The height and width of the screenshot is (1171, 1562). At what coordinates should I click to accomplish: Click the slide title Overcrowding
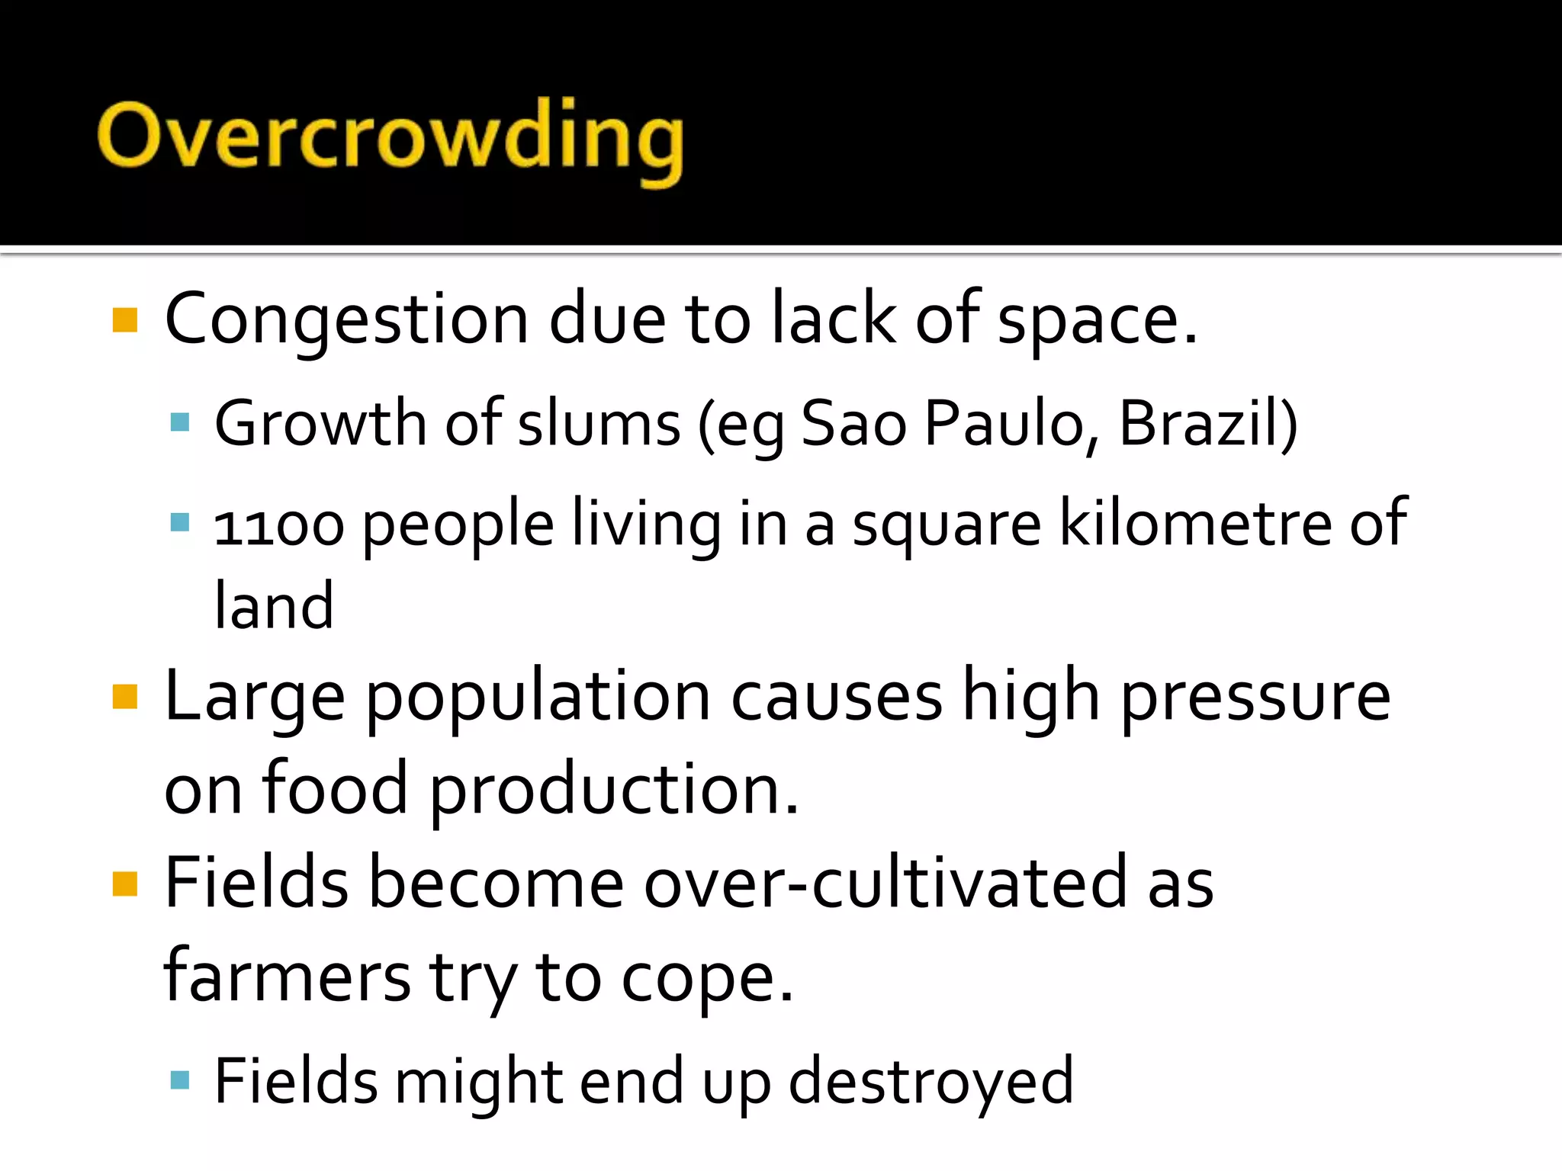click(x=390, y=137)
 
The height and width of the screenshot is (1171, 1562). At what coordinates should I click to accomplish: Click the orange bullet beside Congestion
click(x=124, y=320)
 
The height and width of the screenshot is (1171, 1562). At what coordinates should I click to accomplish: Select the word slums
click(x=599, y=424)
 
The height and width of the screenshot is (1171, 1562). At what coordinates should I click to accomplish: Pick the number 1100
click(x=279, y=526)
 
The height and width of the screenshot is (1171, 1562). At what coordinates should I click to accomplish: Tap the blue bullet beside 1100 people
click(x=180, y=522)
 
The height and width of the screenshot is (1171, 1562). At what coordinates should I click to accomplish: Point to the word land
click(x=274, y=606)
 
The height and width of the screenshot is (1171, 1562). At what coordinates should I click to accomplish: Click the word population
click(x=538, y=698)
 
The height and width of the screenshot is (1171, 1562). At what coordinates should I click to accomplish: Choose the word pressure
click(x=1255, y=698)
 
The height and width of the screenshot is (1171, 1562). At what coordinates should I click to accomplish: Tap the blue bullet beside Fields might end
click(x=180, y=1080)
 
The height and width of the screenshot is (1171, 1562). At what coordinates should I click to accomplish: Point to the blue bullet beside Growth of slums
click(x=180, y=422)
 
